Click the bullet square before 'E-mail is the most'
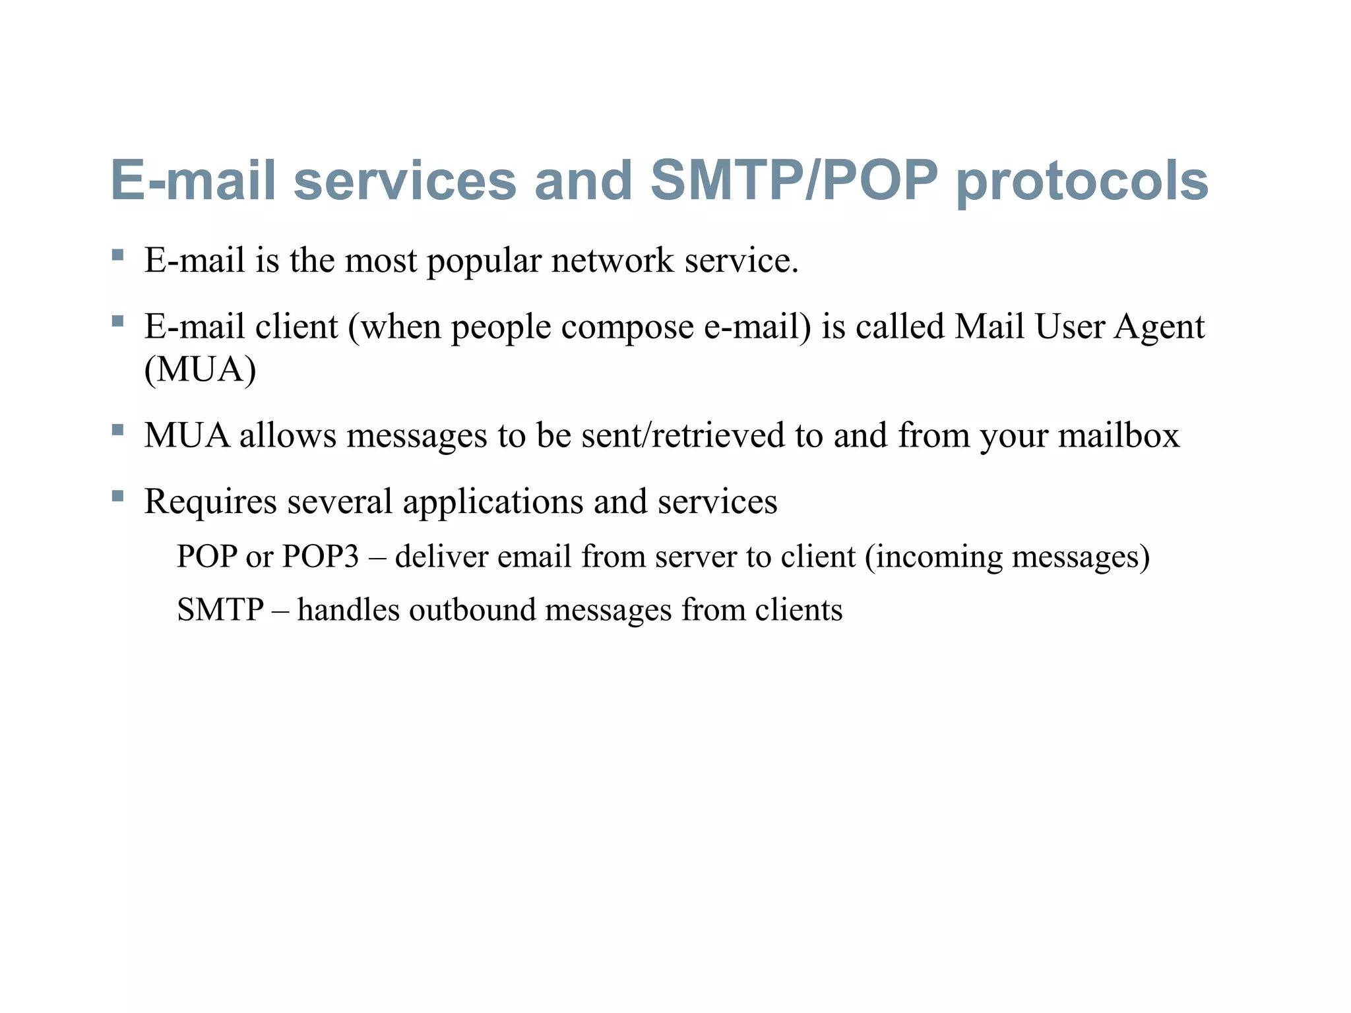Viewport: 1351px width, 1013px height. click(x=118, y=255)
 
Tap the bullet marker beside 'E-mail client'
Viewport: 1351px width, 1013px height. click(x=118, y=321)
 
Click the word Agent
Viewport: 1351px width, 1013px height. click(x=1159, y=328)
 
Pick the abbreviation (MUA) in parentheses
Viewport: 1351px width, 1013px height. click(x=200, y=369)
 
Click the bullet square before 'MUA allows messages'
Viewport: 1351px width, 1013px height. click(x=118, y=431)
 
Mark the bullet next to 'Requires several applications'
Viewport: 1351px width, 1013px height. click(x=118, y=496)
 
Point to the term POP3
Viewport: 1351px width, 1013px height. click(x=321, y=557)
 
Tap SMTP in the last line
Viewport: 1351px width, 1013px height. click(x=220, y=609)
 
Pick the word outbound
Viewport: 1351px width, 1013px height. click(x=472, y=609)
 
